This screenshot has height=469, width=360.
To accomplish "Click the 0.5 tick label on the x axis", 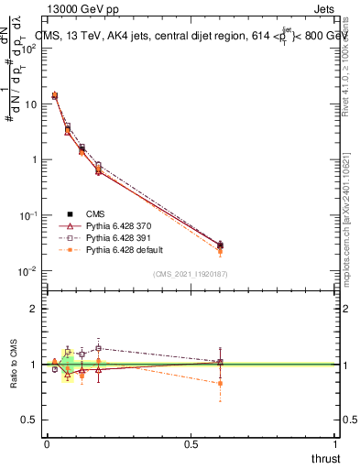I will [x=191, y=444].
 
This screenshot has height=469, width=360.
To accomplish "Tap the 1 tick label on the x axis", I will [x=336, y=444].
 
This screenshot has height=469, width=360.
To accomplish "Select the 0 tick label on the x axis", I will [x=47, y=444].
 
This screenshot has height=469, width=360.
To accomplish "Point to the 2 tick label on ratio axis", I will [x=34, y=309].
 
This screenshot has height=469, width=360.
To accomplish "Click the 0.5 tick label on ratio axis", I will [x=28, y=420].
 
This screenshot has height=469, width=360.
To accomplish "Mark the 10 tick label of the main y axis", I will [x=30, y=104].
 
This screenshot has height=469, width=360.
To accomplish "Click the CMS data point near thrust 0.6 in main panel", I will [x=220, y=245].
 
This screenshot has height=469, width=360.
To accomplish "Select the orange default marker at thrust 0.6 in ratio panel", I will [x=220, y=384].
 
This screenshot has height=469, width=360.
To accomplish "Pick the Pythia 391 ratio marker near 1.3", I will [x=98, y=348].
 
